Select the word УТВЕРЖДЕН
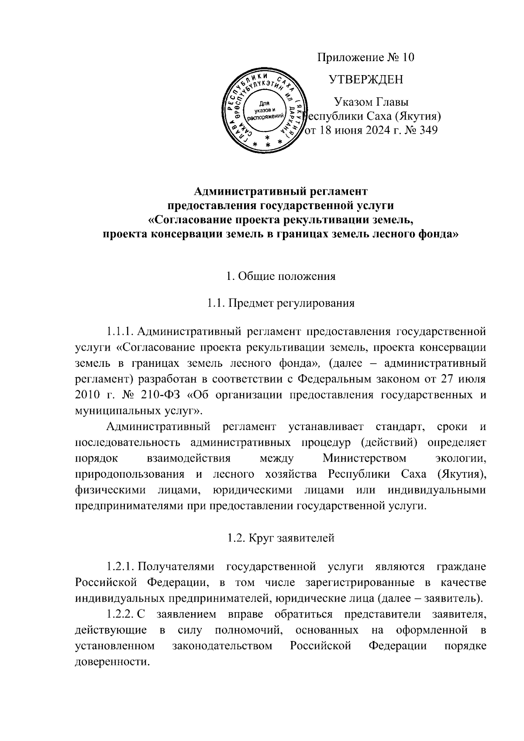[x=365, y=79]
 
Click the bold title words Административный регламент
[x=281, y=191]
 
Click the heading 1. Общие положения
[x=281, y=276]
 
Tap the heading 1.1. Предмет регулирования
[x=281, y=303]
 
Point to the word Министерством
[x=364, y=458]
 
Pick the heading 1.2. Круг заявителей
[x=281, y=538]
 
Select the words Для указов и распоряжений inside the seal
[x=262, y=110]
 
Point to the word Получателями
[x=177, y=567]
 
